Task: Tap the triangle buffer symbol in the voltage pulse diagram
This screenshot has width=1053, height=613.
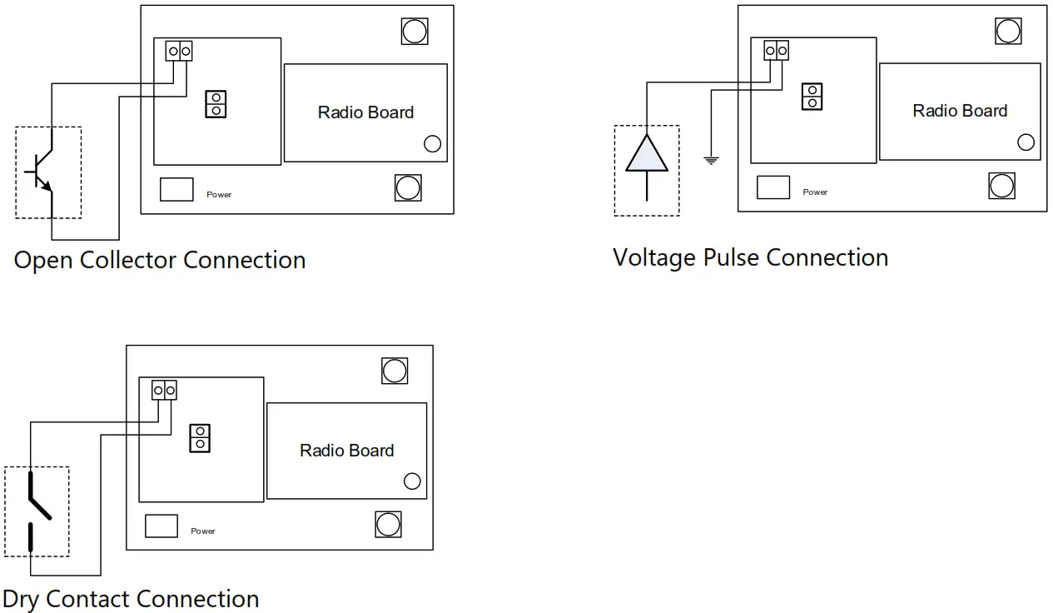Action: (647, 153)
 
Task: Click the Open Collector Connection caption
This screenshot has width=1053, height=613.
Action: (160, 260)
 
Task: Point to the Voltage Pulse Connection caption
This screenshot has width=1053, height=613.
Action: (750, 257)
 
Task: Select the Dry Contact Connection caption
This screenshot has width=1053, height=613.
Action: (131, 599)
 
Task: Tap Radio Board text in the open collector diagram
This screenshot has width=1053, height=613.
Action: (365, 112)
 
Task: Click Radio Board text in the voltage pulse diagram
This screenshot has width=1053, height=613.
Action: (960, 111)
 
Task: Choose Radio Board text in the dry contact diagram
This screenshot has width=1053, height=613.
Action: (346, 451)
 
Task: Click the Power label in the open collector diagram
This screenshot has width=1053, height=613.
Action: (219, 195)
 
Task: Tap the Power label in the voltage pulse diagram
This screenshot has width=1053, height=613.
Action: (815, 192)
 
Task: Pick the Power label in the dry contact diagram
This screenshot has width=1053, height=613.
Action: (203, 531)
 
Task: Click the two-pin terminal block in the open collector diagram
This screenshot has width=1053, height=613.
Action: (179, 52)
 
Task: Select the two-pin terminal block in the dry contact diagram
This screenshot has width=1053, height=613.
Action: (164, 389)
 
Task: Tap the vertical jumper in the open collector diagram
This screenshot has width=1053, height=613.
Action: (216, 104)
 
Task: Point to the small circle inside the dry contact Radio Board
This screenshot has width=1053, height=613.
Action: (412, 481)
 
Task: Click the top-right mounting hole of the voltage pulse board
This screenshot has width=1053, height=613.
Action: (1007, 31)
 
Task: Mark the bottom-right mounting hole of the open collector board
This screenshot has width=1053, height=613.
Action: (408, 187)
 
